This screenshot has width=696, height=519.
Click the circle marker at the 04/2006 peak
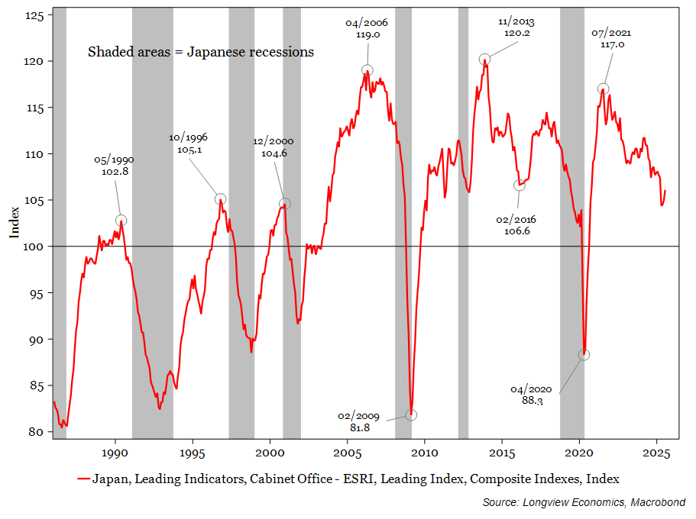pyautogui.click(x=367, y=70)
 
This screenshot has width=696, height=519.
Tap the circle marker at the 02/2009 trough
pyautogui.click(x=411, y=415)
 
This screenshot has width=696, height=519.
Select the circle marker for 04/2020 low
pyautogui.click(x=584, y=355)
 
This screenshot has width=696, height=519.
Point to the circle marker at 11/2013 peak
pyautogui.click(x=484, y=60)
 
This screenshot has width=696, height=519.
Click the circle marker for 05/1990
pyautogui.click(x=121, y=221)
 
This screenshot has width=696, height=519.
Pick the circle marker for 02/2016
pyautogui.click(x=520, y=185)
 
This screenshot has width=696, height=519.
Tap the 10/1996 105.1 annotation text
pyautogui.click(x=189, y=143)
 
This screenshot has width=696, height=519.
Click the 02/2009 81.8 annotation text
pyautogui.click(x=355, y=421)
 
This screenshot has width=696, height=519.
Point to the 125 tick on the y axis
pyautogui.click(x=36, y=15)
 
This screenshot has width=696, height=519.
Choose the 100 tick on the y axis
pyautogui.click(x=36, y=247)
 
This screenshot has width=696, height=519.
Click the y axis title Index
pyautogui.click(x=15, y=222)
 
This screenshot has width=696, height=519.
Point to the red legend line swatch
pyautogui.click(x=83, y=479)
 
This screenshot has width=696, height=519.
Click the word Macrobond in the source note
pyautogui.click(x=659, y=502)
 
